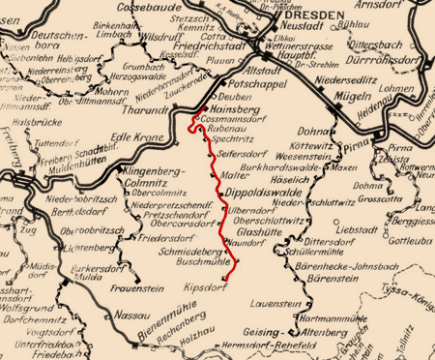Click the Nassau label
click(103, 315)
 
